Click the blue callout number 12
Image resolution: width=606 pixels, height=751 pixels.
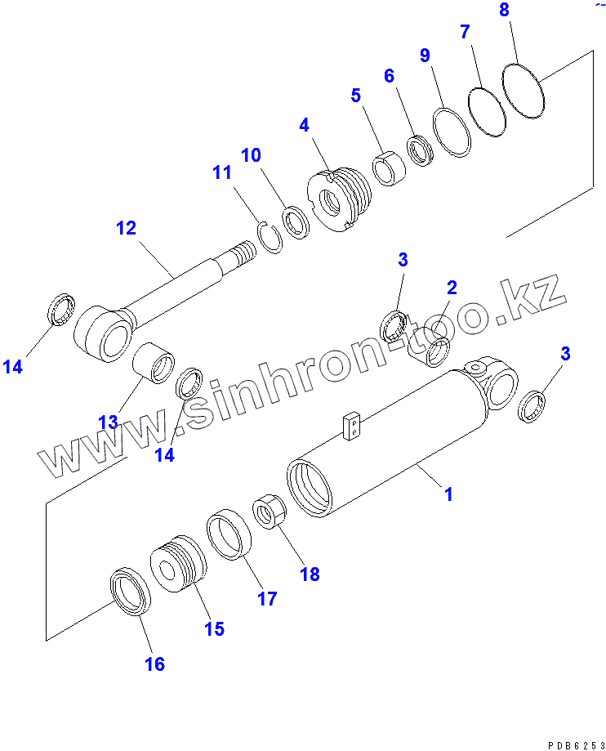[x=126, y=228]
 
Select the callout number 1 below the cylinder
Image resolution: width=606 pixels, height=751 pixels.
[x=448, y=494]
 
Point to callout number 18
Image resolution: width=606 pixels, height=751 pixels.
[x=310, y=574]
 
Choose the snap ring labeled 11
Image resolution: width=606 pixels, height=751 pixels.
[x=270, y=239]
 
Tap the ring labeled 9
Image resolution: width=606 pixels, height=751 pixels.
[x=452, y=131]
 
